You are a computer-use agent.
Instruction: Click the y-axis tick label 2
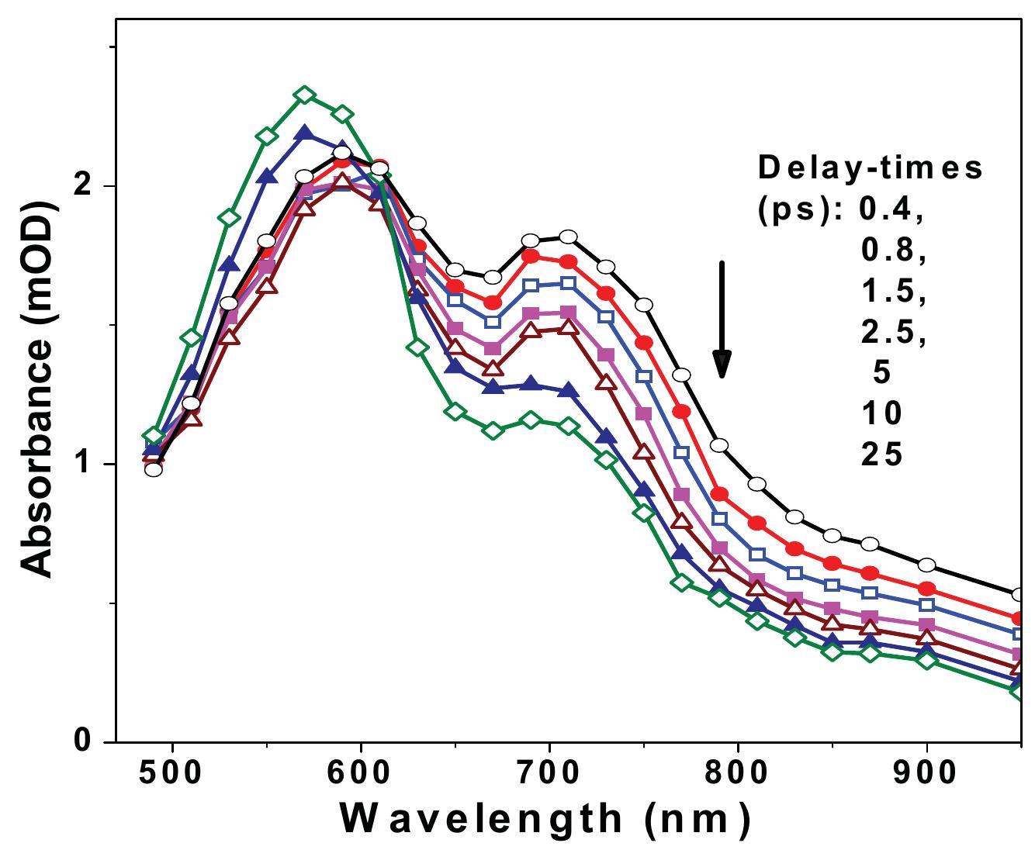(85, 186)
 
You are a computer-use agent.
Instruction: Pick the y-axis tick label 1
(85, 464)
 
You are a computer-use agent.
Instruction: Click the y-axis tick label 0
(85, 741)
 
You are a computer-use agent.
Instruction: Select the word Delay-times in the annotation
(870, 168)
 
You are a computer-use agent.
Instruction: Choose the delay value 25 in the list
(881, 454)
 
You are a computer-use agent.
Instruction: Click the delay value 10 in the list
(881, 413)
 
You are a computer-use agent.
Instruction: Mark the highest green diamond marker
(305, 95)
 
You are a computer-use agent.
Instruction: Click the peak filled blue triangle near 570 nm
(305, 133)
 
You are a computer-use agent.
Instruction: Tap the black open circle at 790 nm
(719, 445)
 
